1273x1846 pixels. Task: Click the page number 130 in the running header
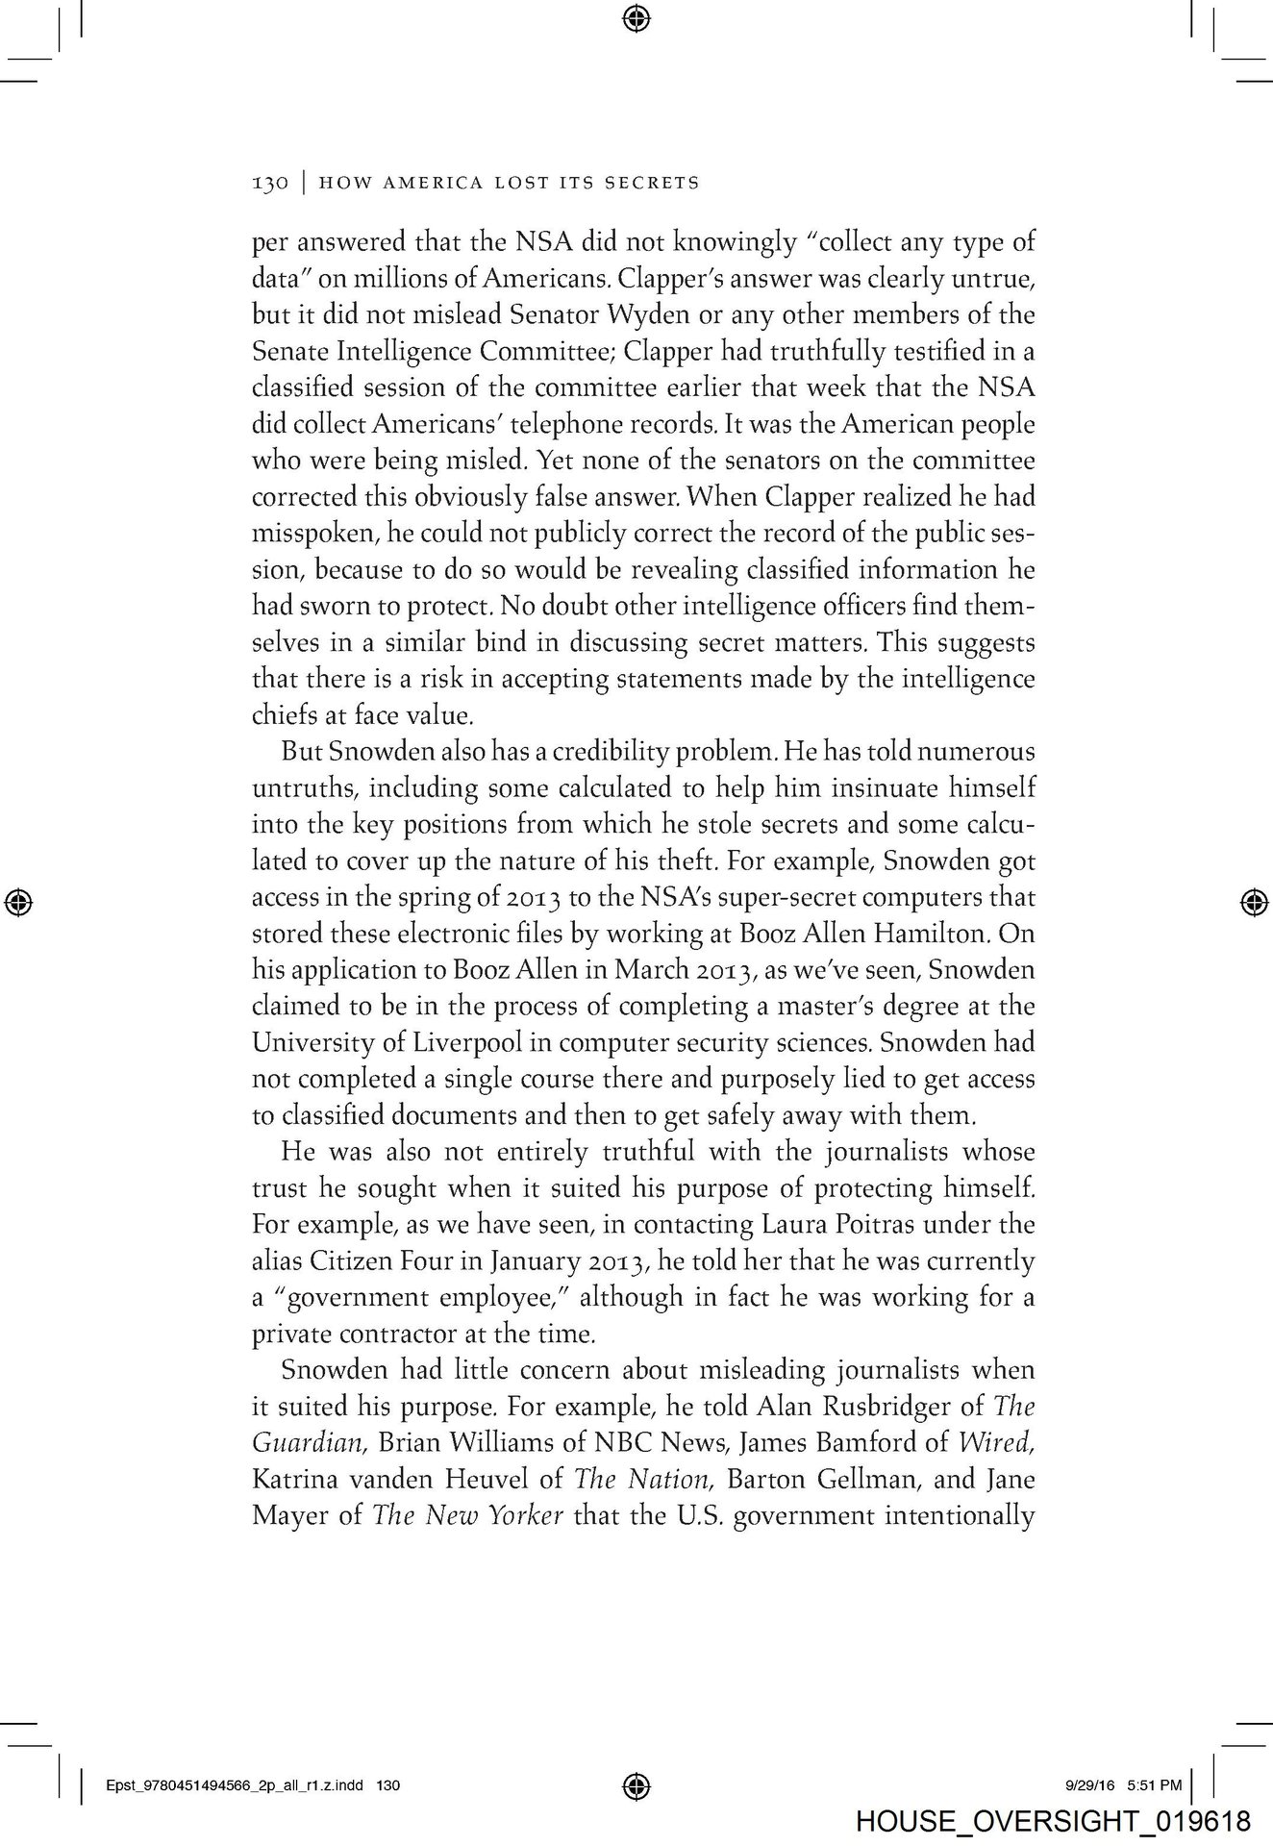(x=269, y=182)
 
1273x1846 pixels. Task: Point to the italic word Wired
(x=1004, y=1443)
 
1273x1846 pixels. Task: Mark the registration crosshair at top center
(x=636, y=16)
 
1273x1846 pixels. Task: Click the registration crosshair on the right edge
(x=1251, y=901)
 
